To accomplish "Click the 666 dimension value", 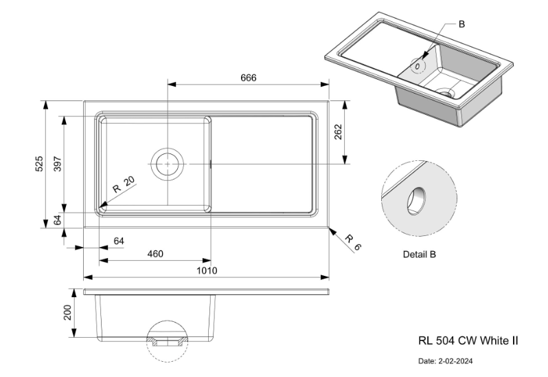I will [x=249, y=78].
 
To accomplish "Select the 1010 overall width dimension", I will [x=206, y=270].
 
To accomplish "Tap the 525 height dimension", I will [x=39, y=164].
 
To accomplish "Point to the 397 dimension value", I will [x=58, y=164].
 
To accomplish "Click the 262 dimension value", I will [x=338, y=132].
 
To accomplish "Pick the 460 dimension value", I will [x=155, y=254].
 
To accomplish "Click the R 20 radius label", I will [x=124, y=184].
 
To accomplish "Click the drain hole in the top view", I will [x=168, y=164].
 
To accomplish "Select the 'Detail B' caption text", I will [x=419, y=255].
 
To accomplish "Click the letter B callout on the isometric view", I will [x=461, y=24].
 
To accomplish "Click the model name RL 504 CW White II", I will [x=468, y=341].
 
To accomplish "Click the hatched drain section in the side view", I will [x=168, y=341].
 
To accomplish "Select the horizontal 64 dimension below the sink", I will [x=118, y=241].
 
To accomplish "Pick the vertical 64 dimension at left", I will [x=58, y=220].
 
